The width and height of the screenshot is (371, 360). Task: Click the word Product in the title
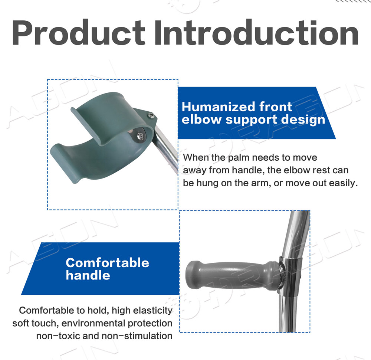pos(78,32)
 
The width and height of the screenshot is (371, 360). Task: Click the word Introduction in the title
pos(257,32)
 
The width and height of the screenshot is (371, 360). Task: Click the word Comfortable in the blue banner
pos(108,263)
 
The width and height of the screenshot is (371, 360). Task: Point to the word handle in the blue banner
pos(88,275)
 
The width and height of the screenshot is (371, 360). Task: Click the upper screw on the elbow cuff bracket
pos(151,115)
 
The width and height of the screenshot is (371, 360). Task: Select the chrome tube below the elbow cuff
pos(165,149)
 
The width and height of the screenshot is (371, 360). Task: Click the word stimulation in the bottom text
pos(148,336)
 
